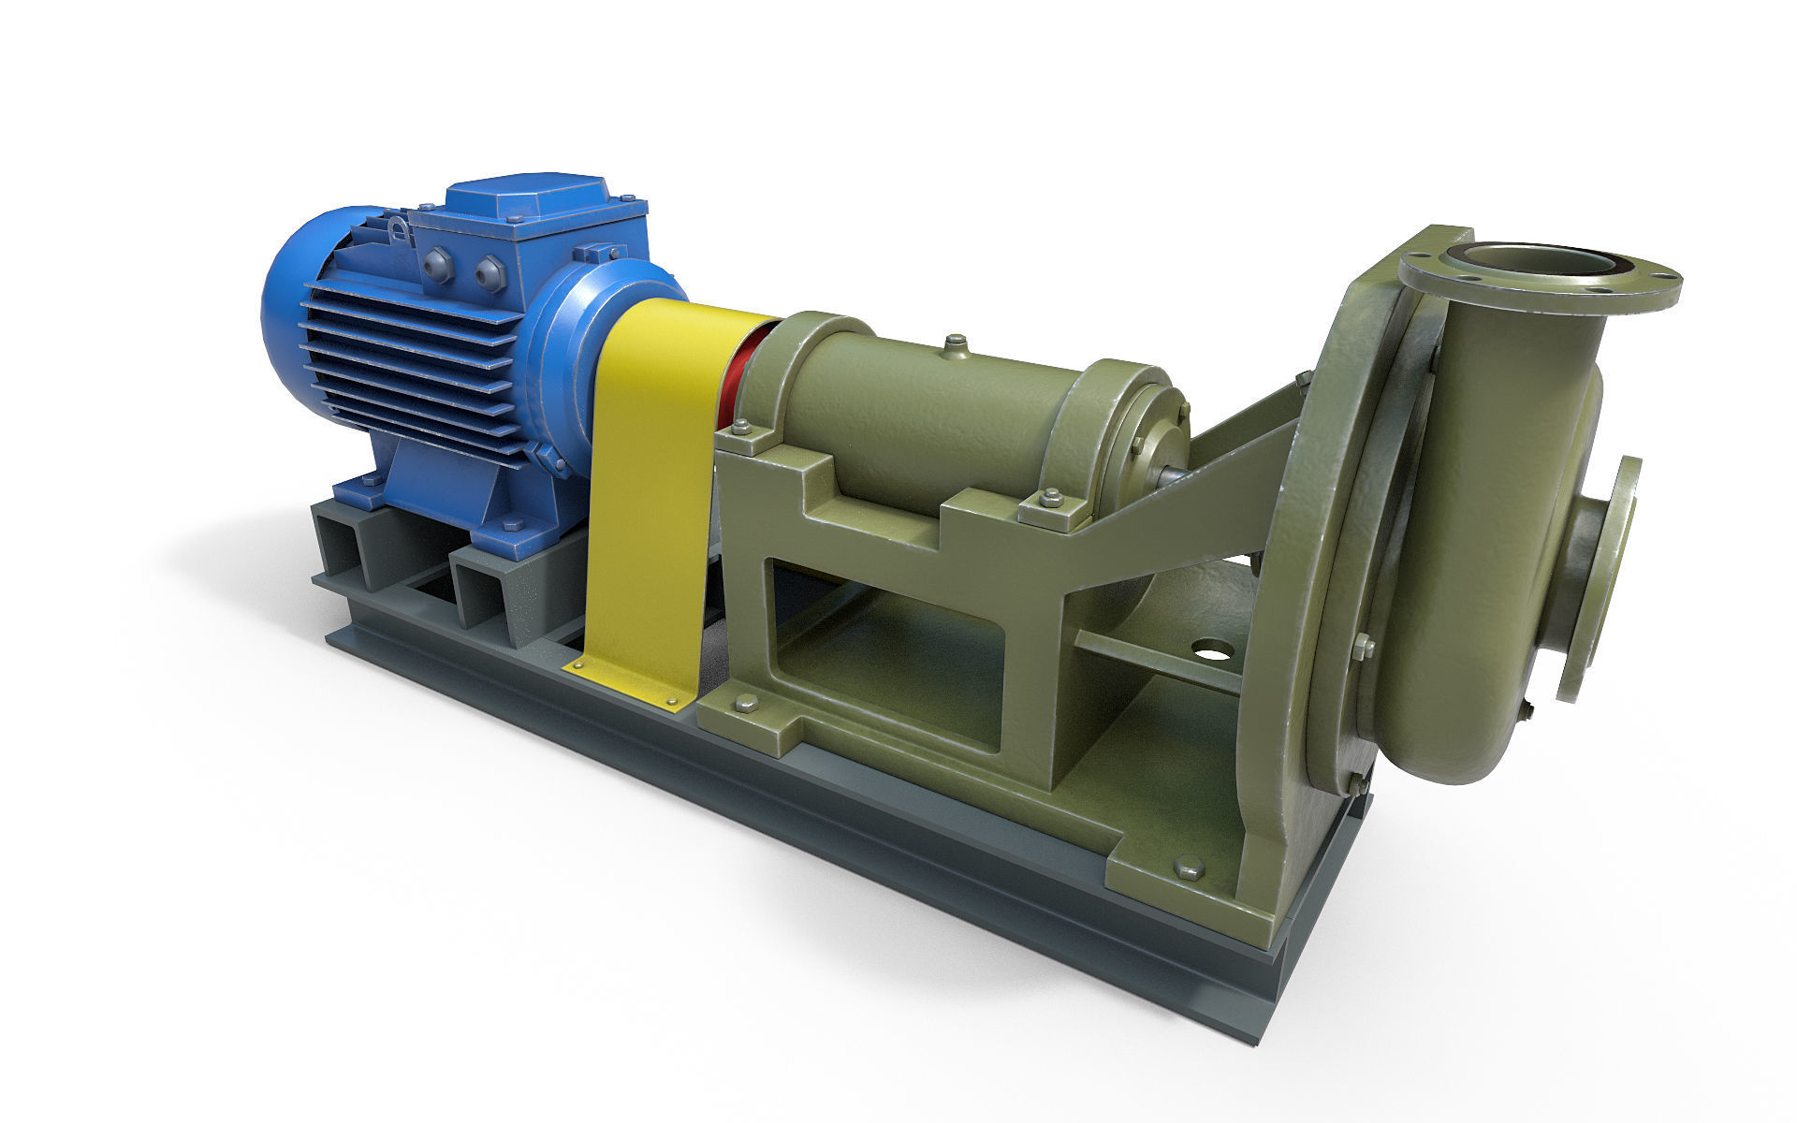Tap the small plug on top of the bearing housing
955,346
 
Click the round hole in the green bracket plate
1211,648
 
